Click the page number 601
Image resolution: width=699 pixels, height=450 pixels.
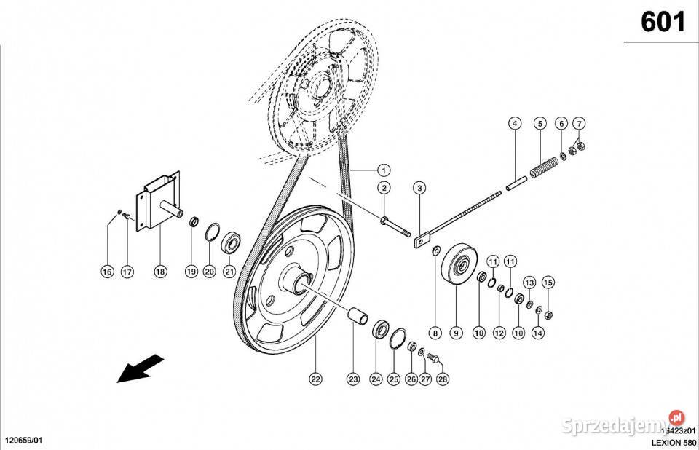663,23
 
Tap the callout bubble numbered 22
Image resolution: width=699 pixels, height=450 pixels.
315,379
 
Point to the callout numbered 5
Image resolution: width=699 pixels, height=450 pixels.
539,123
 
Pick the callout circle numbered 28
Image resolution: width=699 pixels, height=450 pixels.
443,379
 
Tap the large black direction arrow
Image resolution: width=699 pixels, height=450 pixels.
141,367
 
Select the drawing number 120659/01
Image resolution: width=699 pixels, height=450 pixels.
24,441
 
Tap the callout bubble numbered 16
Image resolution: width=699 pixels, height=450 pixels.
107,272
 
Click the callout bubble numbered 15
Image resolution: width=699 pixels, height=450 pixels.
548,282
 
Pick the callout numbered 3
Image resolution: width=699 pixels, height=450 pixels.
419,189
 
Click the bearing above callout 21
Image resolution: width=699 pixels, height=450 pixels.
232,242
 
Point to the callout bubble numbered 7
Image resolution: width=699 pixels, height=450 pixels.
579,123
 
